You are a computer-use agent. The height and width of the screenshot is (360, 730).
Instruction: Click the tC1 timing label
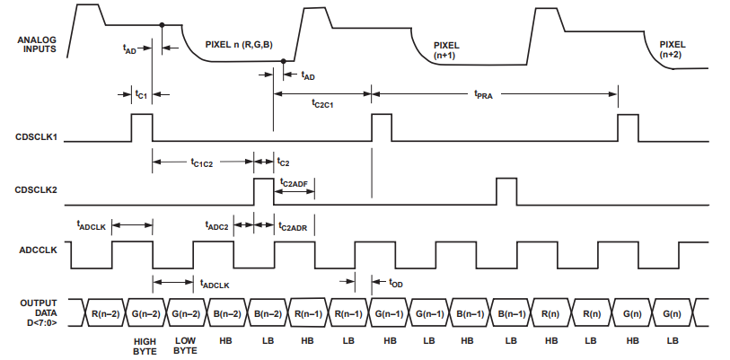tap(141, 92)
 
